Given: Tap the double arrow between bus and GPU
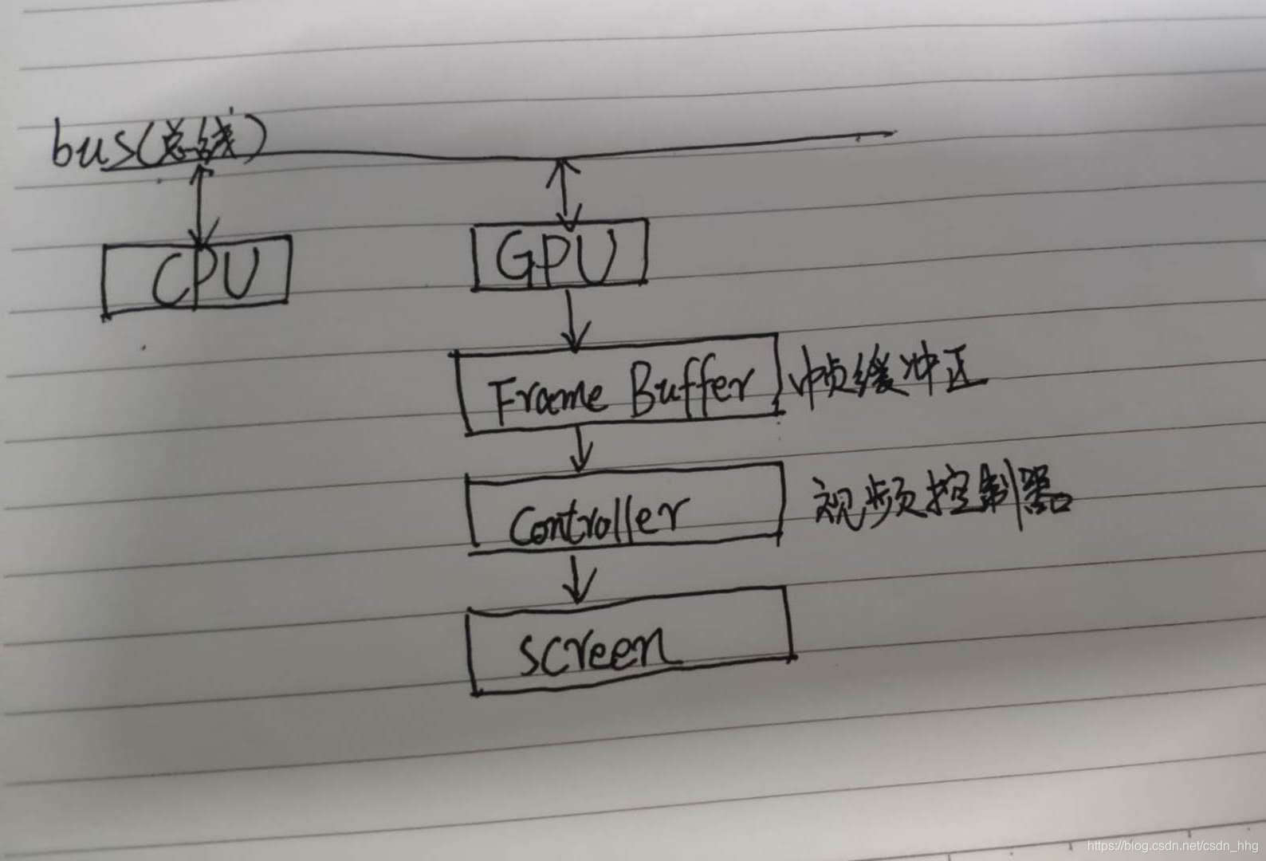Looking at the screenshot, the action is (x=568, y=191).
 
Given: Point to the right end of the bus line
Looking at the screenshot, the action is (x=891, y=133).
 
